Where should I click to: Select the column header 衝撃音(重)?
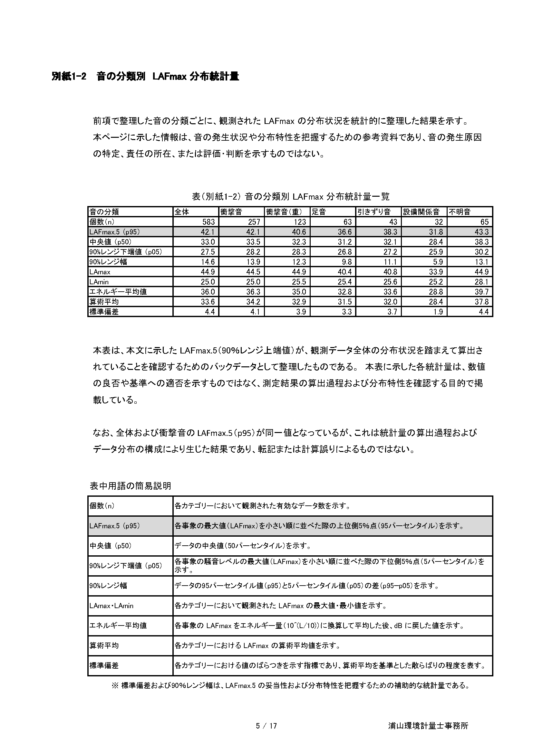tap(284, 212)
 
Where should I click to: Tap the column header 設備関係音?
tap(421, 212)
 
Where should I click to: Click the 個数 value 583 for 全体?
tap(208, 222)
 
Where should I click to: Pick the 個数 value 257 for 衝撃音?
tap(254, 222)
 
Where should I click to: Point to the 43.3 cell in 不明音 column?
tap(481, 232)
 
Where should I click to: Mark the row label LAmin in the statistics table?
tap(99, 282)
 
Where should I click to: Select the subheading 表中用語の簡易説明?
tap(130, 486)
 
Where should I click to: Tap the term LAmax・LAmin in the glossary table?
tap(111, 606)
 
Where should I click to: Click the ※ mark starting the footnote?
tap(115, 682)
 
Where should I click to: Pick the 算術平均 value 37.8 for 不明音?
tap(481, 302)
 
